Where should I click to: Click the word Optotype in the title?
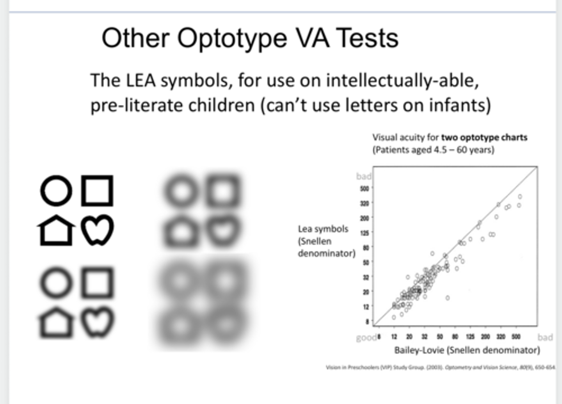coord(233,38)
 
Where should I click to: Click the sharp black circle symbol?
coord(56,191)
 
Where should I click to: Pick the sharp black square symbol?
coord(97,191)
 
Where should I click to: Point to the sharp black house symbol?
coord(56,230)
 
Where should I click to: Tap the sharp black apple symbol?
coord(98,230)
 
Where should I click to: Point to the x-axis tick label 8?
coord(379,337)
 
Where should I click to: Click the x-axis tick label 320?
coord(501,337)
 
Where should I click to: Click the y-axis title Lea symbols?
coord(323,229)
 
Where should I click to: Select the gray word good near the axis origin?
coord(366,338)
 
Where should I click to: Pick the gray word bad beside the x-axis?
coord(545,338)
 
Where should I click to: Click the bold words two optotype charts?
coord(484,138)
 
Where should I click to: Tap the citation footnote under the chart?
coord(440,367)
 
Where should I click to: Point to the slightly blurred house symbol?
coord(56,322)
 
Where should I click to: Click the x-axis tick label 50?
coord(440,337)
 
